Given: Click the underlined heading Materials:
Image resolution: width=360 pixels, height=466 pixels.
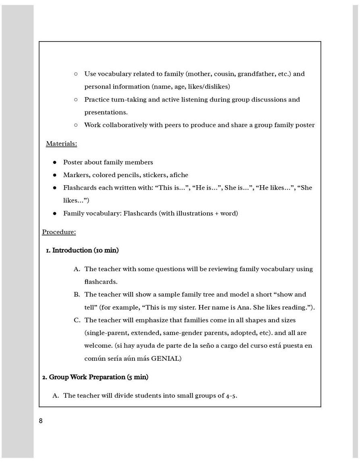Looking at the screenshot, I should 61,144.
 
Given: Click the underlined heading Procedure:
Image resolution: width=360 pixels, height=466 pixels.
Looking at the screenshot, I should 59,232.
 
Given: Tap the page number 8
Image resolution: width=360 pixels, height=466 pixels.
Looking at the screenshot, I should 41,421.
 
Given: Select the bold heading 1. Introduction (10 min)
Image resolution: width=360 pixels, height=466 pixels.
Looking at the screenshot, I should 82,251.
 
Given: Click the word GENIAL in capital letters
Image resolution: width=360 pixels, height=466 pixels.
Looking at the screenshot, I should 166,358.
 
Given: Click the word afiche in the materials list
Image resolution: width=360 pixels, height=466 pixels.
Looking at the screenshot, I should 179,175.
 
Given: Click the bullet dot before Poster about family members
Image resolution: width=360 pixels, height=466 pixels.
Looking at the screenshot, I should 55,163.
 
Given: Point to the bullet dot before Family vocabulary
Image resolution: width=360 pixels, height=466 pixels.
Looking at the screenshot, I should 55,213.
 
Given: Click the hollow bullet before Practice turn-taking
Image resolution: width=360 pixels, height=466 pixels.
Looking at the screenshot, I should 76,100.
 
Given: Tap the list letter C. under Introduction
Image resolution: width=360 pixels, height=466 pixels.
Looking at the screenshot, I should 77,320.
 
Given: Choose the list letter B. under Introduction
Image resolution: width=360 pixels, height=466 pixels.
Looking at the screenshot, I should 77,295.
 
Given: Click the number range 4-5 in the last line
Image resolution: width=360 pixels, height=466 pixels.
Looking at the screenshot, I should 231,396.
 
